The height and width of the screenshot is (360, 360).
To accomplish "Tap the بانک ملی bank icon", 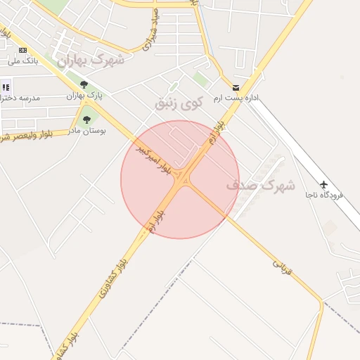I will (x=22, y=50).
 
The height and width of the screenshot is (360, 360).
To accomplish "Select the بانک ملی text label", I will (x=22, y=60).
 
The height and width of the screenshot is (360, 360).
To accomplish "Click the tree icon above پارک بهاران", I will (x=84, y=84).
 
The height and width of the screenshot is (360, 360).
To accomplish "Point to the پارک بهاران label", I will (x=84, y=95).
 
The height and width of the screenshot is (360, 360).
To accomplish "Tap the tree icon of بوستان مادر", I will (x=86, y=120).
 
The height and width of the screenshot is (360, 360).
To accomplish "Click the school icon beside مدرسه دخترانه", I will (x=6, y=87).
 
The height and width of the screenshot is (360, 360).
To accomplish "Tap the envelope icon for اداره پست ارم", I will (x=236, y=88).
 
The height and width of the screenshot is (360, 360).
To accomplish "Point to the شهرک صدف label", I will (x=261, y=186).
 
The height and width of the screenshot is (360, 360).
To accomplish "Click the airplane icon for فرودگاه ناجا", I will (x=323, y=184).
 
